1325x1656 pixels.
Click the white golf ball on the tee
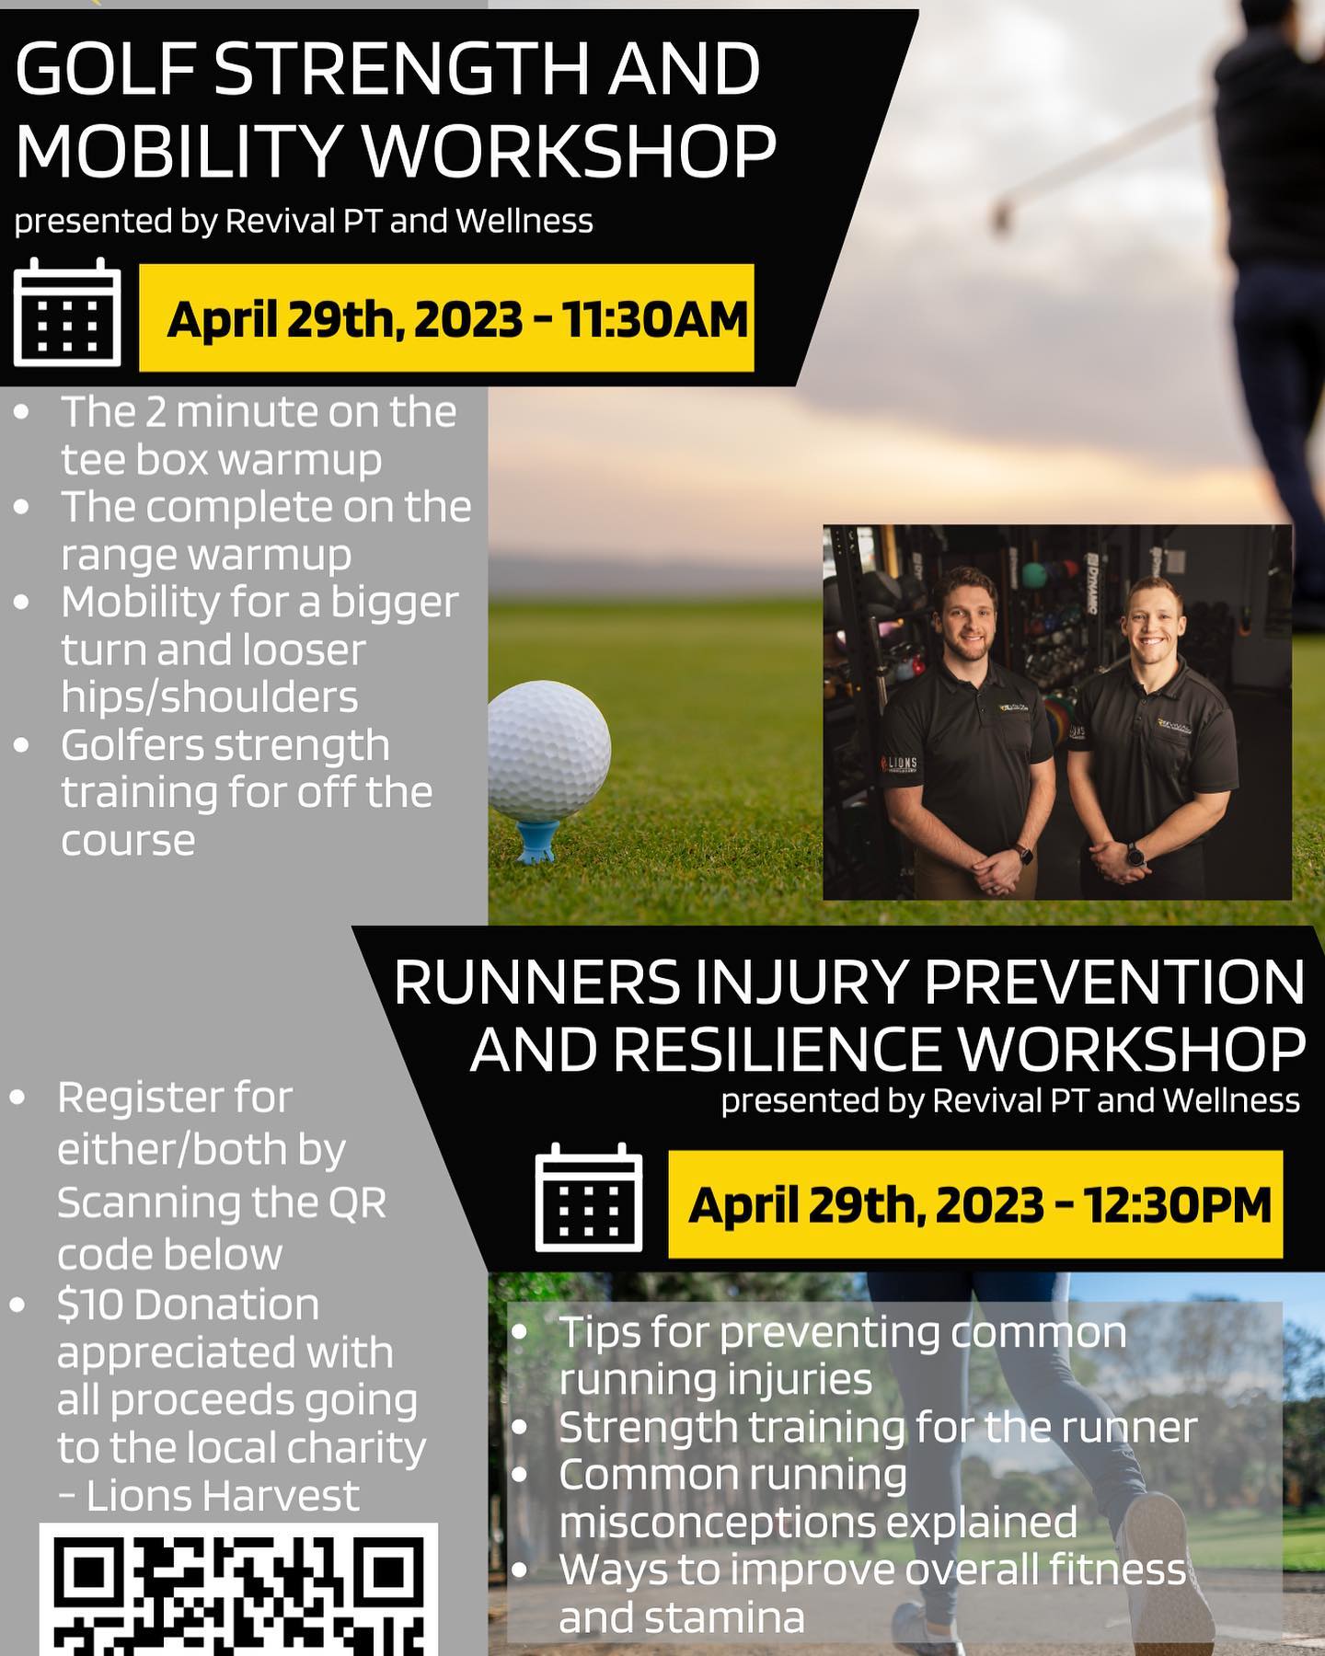(548, 751)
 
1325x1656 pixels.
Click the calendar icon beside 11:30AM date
(67, 312)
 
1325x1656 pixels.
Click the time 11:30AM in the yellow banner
(654, 319)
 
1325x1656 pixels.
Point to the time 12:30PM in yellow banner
(1177, 1204)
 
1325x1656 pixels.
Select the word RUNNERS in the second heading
(537, 983)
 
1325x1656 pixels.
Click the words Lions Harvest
(222, 1496)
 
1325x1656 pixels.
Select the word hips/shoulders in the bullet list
(210, 696)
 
